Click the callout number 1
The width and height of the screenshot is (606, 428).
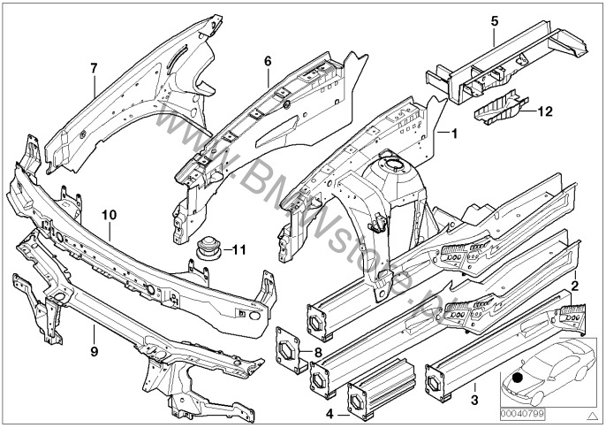pyautogui.click(x=455, y=134)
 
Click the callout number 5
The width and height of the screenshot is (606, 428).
pyautogui.click(x=494, y=20)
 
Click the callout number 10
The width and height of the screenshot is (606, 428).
pyautogui.click(x=109, y=214)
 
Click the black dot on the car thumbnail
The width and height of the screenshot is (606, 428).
pyautogui.click(x=517, y=379)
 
